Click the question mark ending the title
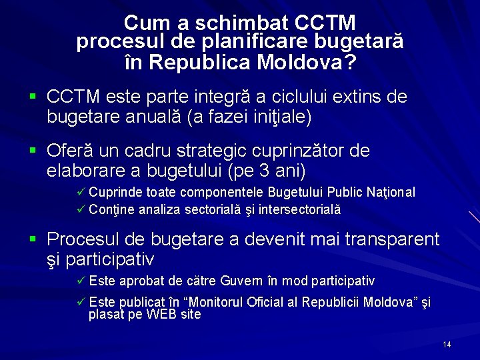[349, 63]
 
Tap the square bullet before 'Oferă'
[33, 151]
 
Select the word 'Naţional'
[390, 193]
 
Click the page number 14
[447, 345]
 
